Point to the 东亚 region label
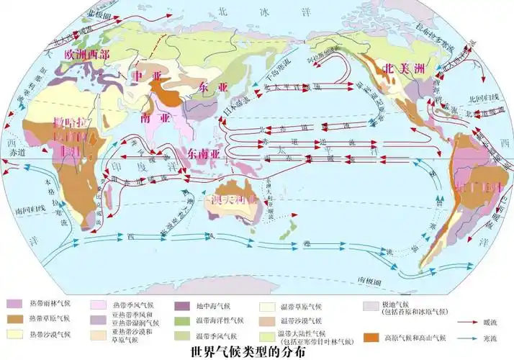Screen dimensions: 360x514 click(x=212, y=88)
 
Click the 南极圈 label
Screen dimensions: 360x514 click(x=369, y=276)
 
